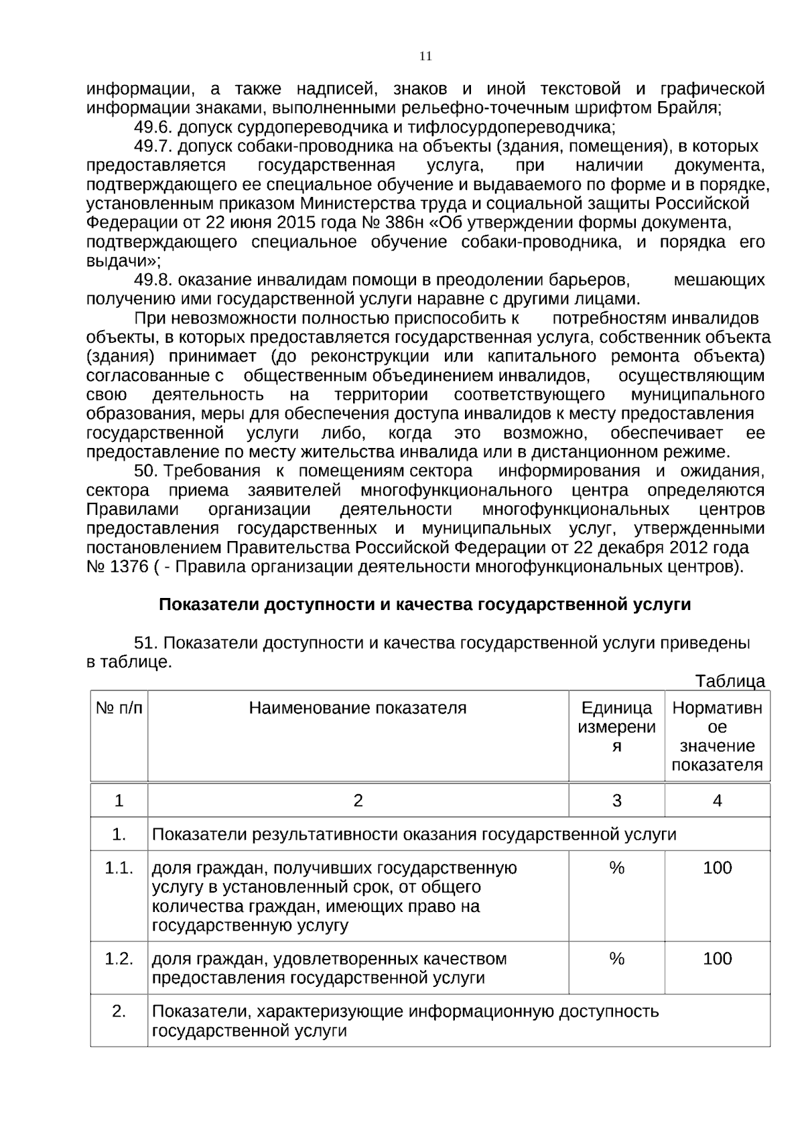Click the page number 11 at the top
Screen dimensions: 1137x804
425,56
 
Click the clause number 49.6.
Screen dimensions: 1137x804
153,127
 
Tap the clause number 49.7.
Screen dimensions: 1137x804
153,146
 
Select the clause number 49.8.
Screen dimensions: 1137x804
153,279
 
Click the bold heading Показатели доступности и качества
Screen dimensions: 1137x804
425,605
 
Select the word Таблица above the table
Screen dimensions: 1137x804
730,682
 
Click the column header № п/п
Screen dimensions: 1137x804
119,708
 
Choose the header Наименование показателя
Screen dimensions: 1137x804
358,708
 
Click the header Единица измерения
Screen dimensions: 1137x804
616,727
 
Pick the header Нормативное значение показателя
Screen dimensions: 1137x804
717,736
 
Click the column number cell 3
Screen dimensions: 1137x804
616,800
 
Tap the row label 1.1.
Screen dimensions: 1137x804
119,868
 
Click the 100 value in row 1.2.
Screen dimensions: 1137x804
717,958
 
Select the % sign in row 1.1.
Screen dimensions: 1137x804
616,868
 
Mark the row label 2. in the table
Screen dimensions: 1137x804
119,1010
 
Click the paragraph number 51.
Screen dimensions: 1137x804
146,643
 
